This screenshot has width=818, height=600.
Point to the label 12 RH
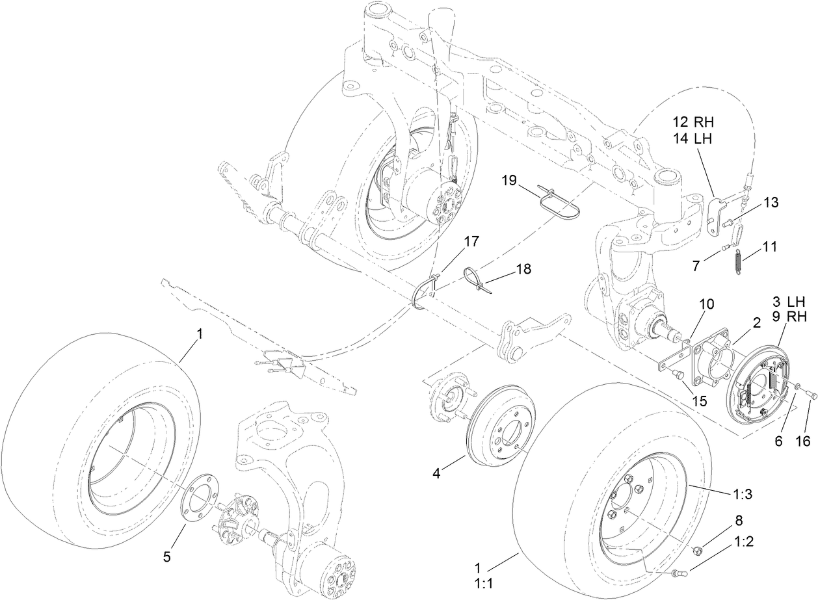(x=693, y=122)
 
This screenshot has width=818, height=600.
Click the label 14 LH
(x=693, y=138)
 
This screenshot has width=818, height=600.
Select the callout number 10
(x=707, y=304)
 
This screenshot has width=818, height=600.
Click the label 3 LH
(x=789, y=302)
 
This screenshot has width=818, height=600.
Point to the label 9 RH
(x=789, y=317)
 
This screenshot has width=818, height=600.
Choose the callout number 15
(x=699, y=401)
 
